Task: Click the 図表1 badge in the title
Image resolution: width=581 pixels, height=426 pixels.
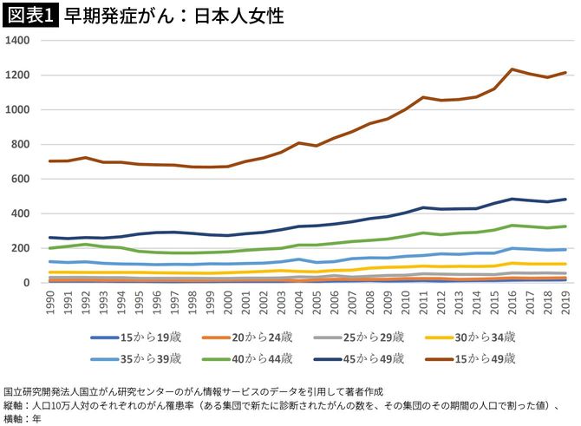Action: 29,16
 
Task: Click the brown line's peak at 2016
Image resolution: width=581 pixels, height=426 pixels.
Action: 512,69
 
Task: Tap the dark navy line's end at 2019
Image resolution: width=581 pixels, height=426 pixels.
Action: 565,200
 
